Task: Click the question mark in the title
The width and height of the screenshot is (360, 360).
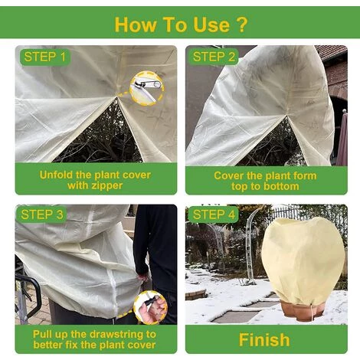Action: click(x=242, y=24)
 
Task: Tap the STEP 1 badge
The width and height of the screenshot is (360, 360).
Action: click(x=45, y=56)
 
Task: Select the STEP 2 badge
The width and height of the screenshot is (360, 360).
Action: click(x=214, y=56)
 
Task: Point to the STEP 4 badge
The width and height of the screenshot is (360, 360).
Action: click(x=214, y=214)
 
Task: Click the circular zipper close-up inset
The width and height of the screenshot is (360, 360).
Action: click(x=146, y=87)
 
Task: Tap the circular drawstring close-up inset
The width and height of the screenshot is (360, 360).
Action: click(x=149, y=307)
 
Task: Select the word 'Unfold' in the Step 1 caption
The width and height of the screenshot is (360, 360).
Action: click(x=60, y=175)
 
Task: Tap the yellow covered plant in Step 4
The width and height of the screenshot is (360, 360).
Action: click(x=302, y=260)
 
